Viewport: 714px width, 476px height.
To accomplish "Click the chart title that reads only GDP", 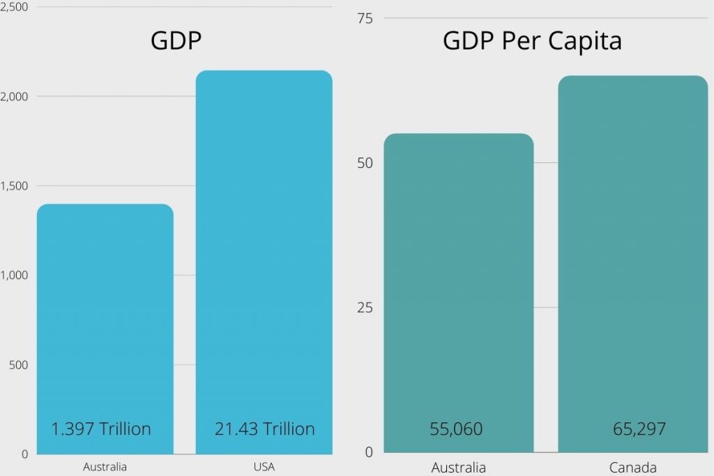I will [176, 40].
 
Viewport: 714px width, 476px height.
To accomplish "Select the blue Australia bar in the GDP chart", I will [105, 314].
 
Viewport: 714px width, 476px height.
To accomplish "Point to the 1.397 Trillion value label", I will [101, 429].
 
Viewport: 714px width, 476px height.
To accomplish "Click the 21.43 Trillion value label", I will [264, 429].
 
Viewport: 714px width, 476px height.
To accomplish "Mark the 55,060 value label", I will [456, 429].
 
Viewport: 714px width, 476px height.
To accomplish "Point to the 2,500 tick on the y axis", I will [14, 6].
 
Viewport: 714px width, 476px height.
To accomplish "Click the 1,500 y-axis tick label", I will [14, 185].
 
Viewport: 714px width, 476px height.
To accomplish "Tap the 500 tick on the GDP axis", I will [17, 364].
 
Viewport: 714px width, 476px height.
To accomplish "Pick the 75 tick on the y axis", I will [365, 18].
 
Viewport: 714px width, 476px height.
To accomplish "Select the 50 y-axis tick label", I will [365, 163].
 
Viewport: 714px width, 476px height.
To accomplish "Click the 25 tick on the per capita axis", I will [365, 308].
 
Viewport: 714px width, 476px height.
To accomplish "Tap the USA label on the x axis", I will [264, 467].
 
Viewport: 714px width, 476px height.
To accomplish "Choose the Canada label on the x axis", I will [632, 467].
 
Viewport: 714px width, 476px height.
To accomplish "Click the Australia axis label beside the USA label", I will [105, 467].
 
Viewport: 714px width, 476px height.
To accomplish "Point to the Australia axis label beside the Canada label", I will [458, 467].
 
